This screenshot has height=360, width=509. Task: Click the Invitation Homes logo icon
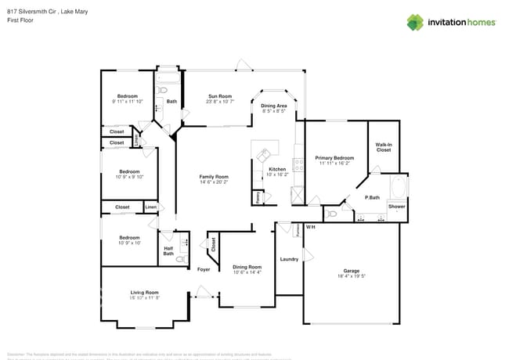pyautogui.click(x=415, y=22)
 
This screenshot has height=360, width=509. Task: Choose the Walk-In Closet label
pyautogui.click(x=383, y=147)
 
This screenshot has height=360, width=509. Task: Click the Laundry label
pyautogui.click(x=289, y=259)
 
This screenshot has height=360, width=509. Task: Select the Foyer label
pyautogui.click(x=204, y=269)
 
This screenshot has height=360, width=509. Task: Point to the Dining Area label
pyautogui.click(x=273, y=108)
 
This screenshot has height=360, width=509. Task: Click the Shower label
pyautogui.click(x=397, y=208)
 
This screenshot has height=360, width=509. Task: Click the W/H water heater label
pyautogui.click(x=310, y=227)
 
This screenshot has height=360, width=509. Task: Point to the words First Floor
pyautogui.click(x=19, y=21)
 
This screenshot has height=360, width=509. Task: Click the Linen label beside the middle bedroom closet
pyautogui.click(x=150, y=207)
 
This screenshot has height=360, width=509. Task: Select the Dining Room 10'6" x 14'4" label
pyautogui.click(x=247, y=270)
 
